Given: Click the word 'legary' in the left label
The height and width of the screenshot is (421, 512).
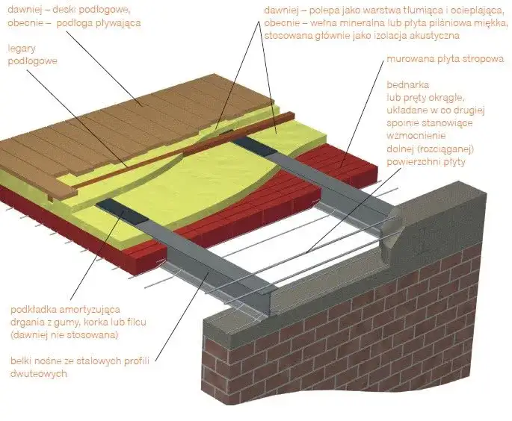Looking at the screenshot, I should click(22, 49).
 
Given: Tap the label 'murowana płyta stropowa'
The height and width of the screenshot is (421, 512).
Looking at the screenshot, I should click(445, 59).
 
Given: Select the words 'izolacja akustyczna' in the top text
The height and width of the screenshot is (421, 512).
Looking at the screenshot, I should click(421, 35).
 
